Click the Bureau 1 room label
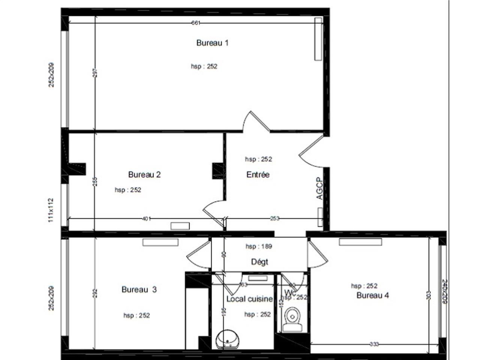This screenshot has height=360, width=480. (212, 43)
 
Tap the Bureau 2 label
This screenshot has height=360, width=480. (144, 174)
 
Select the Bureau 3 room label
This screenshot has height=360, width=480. (139, 289)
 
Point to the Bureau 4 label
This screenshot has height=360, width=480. (372, 295)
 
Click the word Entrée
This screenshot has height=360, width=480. (258, 174)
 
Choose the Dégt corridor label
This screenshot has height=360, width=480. (259, 262)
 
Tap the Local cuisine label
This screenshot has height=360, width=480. (249, 299)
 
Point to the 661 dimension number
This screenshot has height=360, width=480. (196, 23)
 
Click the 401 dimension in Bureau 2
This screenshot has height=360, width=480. (147, 219)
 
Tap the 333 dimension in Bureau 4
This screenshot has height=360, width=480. (374, 344)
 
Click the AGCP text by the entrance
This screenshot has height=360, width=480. (319, 188)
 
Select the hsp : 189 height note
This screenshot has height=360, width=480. (259, 246)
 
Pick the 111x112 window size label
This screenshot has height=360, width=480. (51, 210)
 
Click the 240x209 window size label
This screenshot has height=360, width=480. (445, 291)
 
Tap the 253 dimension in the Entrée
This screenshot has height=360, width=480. (275, 219)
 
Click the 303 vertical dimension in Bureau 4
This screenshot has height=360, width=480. (429, 295)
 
